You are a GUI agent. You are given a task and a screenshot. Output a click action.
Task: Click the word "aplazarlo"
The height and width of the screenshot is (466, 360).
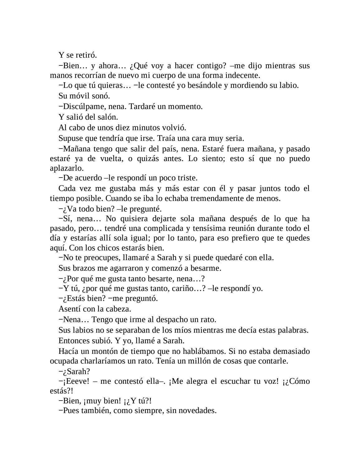point(62,168)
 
